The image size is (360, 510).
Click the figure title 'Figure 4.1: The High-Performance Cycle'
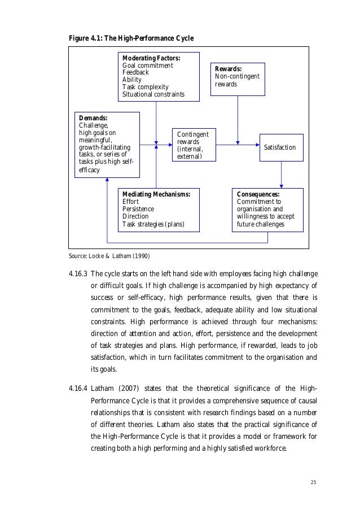point(131,38)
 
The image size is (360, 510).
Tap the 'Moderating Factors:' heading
point(151,58)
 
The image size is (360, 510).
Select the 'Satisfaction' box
point(280,147)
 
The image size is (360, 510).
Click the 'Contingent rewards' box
point(193,145)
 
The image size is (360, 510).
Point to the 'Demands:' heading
point(93,118)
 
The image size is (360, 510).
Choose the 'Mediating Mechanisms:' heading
point(156,194)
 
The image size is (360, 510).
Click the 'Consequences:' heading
point(258,194)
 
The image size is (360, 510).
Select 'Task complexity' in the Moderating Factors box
point(145,87)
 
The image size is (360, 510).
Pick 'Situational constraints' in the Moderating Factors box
point(153,94)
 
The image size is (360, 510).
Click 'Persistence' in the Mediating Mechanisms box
point(138,208)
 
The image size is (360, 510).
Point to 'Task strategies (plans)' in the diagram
point(153,224)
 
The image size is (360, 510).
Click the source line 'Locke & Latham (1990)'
point(109,256)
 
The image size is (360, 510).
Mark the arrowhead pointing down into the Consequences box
point(281,186)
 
